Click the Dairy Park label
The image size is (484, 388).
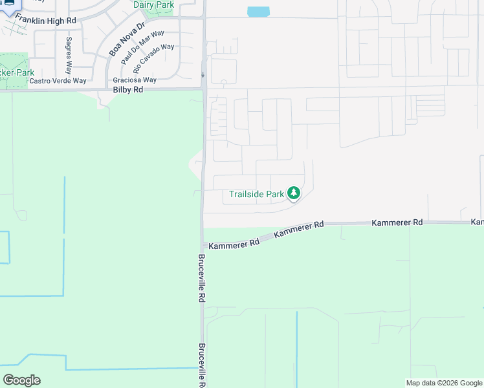click(153, 5)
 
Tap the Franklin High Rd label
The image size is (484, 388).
click(45, 20)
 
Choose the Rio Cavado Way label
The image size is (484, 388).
click(153, 58)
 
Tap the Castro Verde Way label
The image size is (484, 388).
click(58, 81)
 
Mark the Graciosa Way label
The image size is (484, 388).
click(135, 80)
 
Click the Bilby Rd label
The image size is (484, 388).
click(127, 90)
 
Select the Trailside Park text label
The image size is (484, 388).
click(257, 193)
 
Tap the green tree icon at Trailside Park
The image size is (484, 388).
click(294, 193)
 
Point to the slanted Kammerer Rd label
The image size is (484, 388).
click(298, 230)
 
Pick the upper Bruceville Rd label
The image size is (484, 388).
click(201, 279)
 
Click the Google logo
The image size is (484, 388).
click(21, 380)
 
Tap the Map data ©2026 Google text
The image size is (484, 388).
click(444, 383)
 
